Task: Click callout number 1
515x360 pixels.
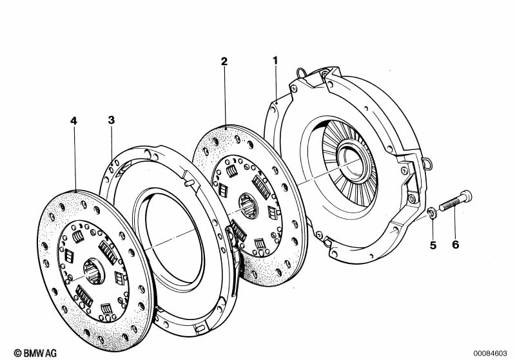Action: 275,61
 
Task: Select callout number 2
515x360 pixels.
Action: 224,62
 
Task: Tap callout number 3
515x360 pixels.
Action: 112,120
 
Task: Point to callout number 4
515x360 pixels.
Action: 73,120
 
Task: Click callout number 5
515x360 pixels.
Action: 433,245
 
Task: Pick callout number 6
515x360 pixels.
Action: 455,245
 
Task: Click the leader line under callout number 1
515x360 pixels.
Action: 276,84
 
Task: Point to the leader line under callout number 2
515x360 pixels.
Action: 226,97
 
